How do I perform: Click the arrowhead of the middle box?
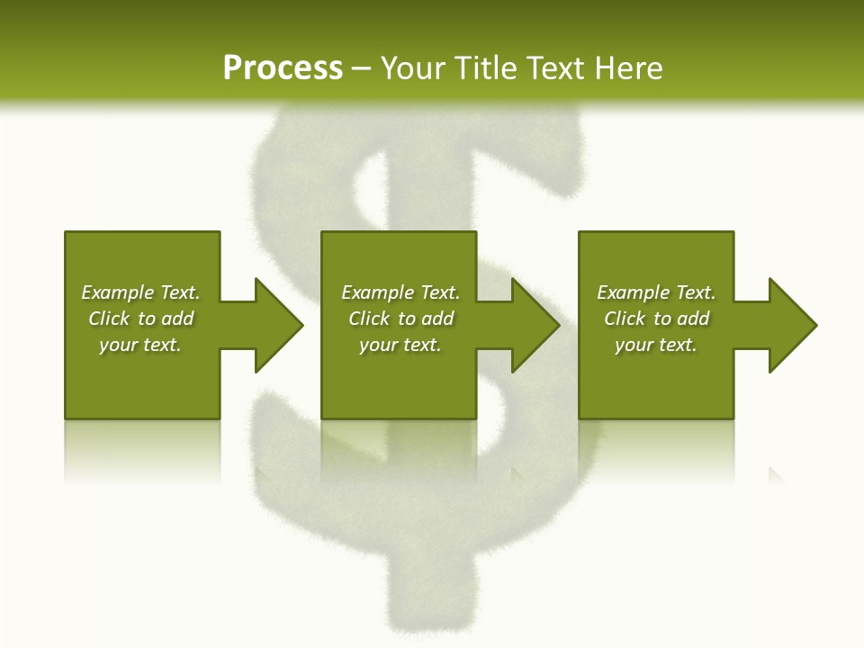535,325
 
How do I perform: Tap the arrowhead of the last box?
792,325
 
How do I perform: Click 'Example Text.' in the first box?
140,292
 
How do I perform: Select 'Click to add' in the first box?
140,319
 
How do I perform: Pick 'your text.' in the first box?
140,345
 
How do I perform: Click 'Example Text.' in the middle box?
400,292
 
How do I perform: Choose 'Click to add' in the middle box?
400,319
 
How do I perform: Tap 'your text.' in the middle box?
400,345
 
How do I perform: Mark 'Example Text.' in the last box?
656,292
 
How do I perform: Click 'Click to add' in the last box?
656,319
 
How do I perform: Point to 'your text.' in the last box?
656,345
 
